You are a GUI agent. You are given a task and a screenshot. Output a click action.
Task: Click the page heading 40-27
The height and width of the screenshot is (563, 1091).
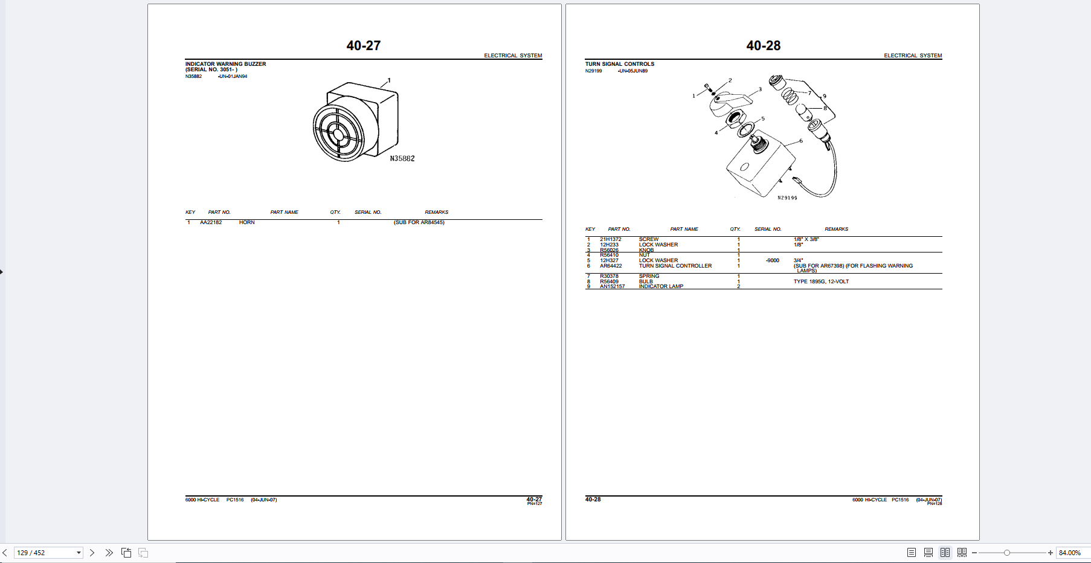click(x=363, y=46)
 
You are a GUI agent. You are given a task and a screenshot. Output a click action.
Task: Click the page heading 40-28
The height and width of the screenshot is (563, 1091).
click(x=763, y=46)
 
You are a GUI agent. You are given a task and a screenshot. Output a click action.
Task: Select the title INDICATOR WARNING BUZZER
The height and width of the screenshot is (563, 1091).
click(x=225, y=64)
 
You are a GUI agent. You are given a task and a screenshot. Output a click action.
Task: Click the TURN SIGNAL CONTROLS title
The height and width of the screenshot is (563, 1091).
click(x=619, y=64)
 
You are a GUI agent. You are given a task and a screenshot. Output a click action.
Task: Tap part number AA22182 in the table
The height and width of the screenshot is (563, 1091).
click(x=211, y=222)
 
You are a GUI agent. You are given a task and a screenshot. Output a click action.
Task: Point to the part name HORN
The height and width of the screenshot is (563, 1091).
click(x=246, y=222)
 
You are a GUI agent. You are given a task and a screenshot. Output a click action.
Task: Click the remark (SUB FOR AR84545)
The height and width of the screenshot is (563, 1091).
click(x=419, y=222)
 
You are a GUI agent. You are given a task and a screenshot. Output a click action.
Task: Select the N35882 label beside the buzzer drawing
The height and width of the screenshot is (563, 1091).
click(x=402, y=159)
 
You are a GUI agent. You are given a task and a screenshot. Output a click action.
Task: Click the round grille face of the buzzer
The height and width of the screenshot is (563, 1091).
click(x=338, y=132)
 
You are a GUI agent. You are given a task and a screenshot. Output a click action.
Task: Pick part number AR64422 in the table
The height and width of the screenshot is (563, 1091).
click(x=610, y=266)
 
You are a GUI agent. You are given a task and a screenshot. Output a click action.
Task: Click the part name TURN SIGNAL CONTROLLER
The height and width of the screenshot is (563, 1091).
click(x=675, y=266)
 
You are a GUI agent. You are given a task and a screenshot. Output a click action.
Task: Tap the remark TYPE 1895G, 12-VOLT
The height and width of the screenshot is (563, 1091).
click(x=821, y=281)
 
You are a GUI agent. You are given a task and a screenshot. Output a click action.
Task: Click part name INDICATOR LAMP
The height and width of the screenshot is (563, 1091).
click(x=661, y=286)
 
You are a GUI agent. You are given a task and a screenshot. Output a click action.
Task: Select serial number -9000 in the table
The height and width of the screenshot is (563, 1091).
click(x=772, y=260)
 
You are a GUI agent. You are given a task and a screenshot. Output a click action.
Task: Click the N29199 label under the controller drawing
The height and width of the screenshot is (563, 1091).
click(x=787, y=198)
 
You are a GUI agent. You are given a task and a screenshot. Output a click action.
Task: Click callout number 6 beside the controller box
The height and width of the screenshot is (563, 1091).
click(x=801, y=141)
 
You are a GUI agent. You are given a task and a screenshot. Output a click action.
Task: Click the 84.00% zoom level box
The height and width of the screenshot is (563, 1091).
click(x=1070, y=553)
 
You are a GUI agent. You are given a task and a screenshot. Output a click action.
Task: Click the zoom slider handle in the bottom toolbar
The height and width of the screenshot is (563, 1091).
click(x=1006, y=553)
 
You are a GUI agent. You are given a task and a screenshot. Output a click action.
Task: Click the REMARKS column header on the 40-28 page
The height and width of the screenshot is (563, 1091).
click(x=836, y=229)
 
